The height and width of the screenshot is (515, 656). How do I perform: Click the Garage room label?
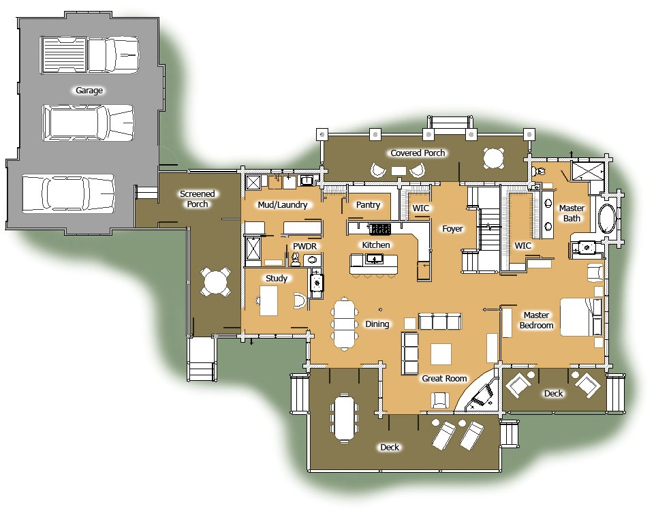(89, 90)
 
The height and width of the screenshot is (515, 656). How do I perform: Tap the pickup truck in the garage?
(90, 54)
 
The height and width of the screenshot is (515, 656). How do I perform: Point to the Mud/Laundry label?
(283, 204)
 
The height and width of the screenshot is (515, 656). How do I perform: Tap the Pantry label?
(368, 204)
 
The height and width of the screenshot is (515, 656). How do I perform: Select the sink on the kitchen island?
(375, 259)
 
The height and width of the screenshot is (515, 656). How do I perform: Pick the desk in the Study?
(268, 300)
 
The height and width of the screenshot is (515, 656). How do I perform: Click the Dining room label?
(377, 324)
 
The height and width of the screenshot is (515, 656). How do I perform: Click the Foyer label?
(452, 229)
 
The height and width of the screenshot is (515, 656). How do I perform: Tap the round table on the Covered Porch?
(494, 158)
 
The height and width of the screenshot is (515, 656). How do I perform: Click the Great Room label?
(443, 378)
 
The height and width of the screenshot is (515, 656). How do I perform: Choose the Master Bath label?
(572, 213)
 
